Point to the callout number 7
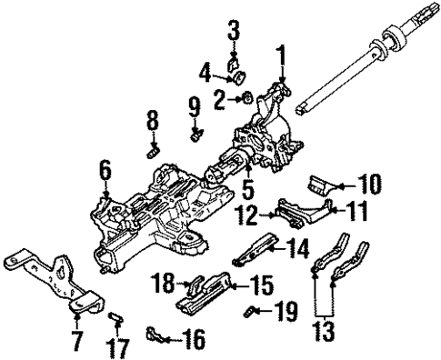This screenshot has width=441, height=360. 76,343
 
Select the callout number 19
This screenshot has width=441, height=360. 286,313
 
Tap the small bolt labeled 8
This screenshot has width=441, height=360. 154,142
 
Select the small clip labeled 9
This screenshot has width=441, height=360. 195,136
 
